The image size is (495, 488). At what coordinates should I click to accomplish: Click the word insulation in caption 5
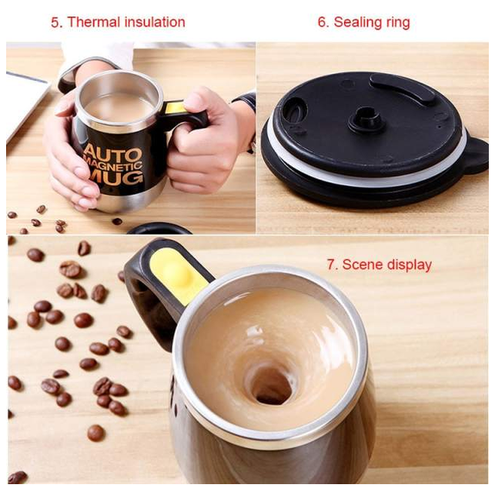(x=155, y=22)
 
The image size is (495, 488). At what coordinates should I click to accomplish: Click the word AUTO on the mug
(x=112, y=154)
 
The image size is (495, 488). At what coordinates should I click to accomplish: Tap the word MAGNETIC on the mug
(x=114, y=167)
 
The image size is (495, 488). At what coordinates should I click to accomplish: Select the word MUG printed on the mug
(x=117, y=178)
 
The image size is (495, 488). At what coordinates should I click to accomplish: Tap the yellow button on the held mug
(x=175, y=107)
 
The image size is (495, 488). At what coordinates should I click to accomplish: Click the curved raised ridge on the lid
(x=403, y=88)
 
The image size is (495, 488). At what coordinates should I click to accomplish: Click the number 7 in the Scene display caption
(x=333, y=264)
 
